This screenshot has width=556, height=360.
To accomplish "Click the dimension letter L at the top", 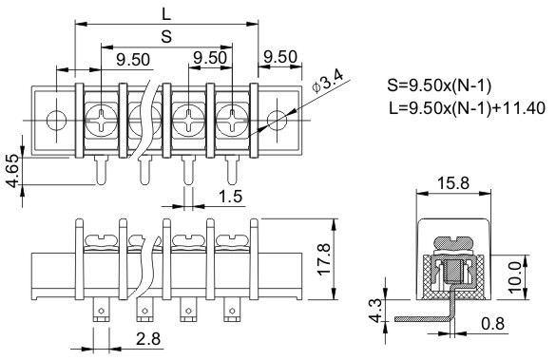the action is click(166, 14).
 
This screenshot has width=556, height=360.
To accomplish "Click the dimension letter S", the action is click(166, 36).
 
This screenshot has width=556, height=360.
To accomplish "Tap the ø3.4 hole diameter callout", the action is click(328, 82).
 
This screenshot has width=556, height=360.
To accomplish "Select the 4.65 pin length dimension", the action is click(13, 171).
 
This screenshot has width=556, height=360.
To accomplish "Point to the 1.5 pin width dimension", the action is click(231, 196).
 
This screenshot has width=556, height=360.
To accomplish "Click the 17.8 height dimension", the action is click(324, 259).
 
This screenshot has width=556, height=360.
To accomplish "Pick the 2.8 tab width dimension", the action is click(148, 339).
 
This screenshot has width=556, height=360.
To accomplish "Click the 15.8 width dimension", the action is click(452, 183).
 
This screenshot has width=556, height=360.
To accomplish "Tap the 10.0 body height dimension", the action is click(516, 277).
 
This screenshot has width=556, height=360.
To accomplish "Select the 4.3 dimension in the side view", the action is click(375, 311).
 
